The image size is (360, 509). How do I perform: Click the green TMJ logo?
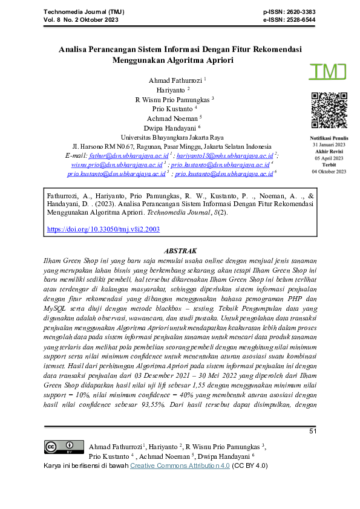[327, 71]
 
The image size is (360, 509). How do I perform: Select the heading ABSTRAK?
[180, 250]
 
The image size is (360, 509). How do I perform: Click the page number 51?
[313, 431]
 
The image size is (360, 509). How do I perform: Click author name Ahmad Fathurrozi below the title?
[175, 80]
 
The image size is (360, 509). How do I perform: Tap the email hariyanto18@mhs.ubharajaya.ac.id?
[220, 155]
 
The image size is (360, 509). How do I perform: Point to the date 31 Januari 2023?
[329, 146]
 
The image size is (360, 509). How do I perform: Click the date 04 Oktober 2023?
[329, 172]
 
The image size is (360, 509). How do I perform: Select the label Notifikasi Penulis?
[329, 139]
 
